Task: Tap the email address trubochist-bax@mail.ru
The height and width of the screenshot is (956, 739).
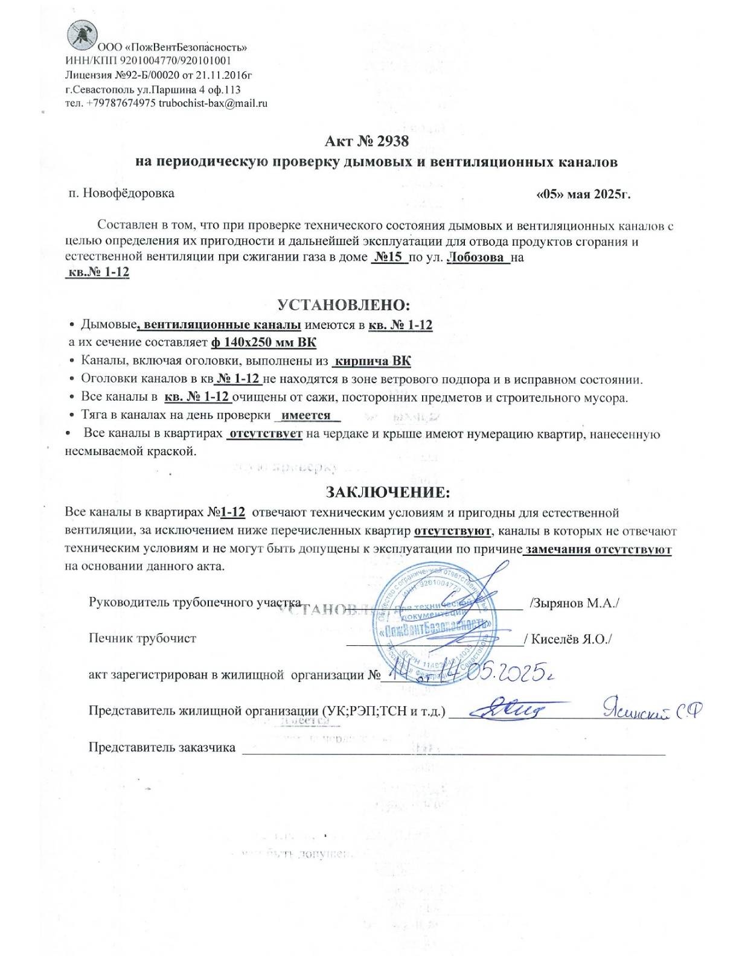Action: point(213,103)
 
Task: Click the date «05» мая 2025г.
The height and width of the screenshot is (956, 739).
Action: point(583,194)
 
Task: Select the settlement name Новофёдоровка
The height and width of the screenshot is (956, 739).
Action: point(128,194)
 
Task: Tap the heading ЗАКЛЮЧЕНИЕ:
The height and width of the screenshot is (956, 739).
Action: point(388,492)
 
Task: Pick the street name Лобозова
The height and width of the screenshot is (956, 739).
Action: point(476,258)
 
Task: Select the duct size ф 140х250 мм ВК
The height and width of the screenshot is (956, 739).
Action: point(263,343)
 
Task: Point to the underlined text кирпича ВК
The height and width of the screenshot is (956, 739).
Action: point(372,362)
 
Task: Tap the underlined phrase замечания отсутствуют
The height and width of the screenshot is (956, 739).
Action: point(598,550)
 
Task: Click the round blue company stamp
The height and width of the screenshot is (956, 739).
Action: point(433,622)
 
